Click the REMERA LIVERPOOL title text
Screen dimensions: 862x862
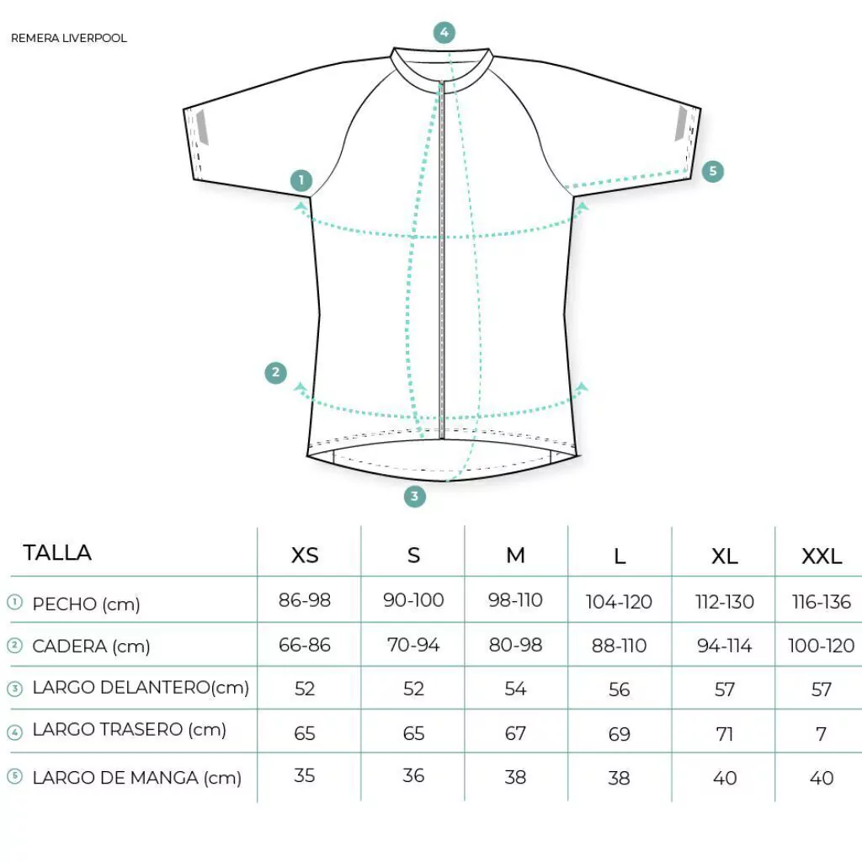click(69, 38)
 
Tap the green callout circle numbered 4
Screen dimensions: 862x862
click(444, 33)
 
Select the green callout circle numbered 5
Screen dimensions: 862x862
click(712, 171)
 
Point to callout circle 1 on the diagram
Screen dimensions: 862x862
click(301, 180)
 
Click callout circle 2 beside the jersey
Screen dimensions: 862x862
click(275, 372)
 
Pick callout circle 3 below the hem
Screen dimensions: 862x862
click(414, 496)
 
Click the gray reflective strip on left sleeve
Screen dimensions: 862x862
click(202, 127)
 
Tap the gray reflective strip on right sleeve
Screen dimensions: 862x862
click(681, 123)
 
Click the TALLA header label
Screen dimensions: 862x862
click(57, 552)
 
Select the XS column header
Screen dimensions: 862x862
click(305, 556)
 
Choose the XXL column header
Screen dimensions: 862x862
click(822, 556)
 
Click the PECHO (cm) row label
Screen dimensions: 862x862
click(87, 604)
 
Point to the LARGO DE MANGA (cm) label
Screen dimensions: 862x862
click(137, 778)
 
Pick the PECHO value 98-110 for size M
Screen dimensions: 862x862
click(516, 599)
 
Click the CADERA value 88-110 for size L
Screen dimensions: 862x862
click(619, 646)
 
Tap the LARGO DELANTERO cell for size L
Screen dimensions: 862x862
click(619, 689)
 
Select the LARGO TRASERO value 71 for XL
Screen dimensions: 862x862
click(725, 734)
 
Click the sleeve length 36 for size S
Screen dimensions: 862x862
click(413, 775)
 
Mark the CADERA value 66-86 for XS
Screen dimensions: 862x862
click(305, 645)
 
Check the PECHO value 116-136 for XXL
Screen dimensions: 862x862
click(822, 602)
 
